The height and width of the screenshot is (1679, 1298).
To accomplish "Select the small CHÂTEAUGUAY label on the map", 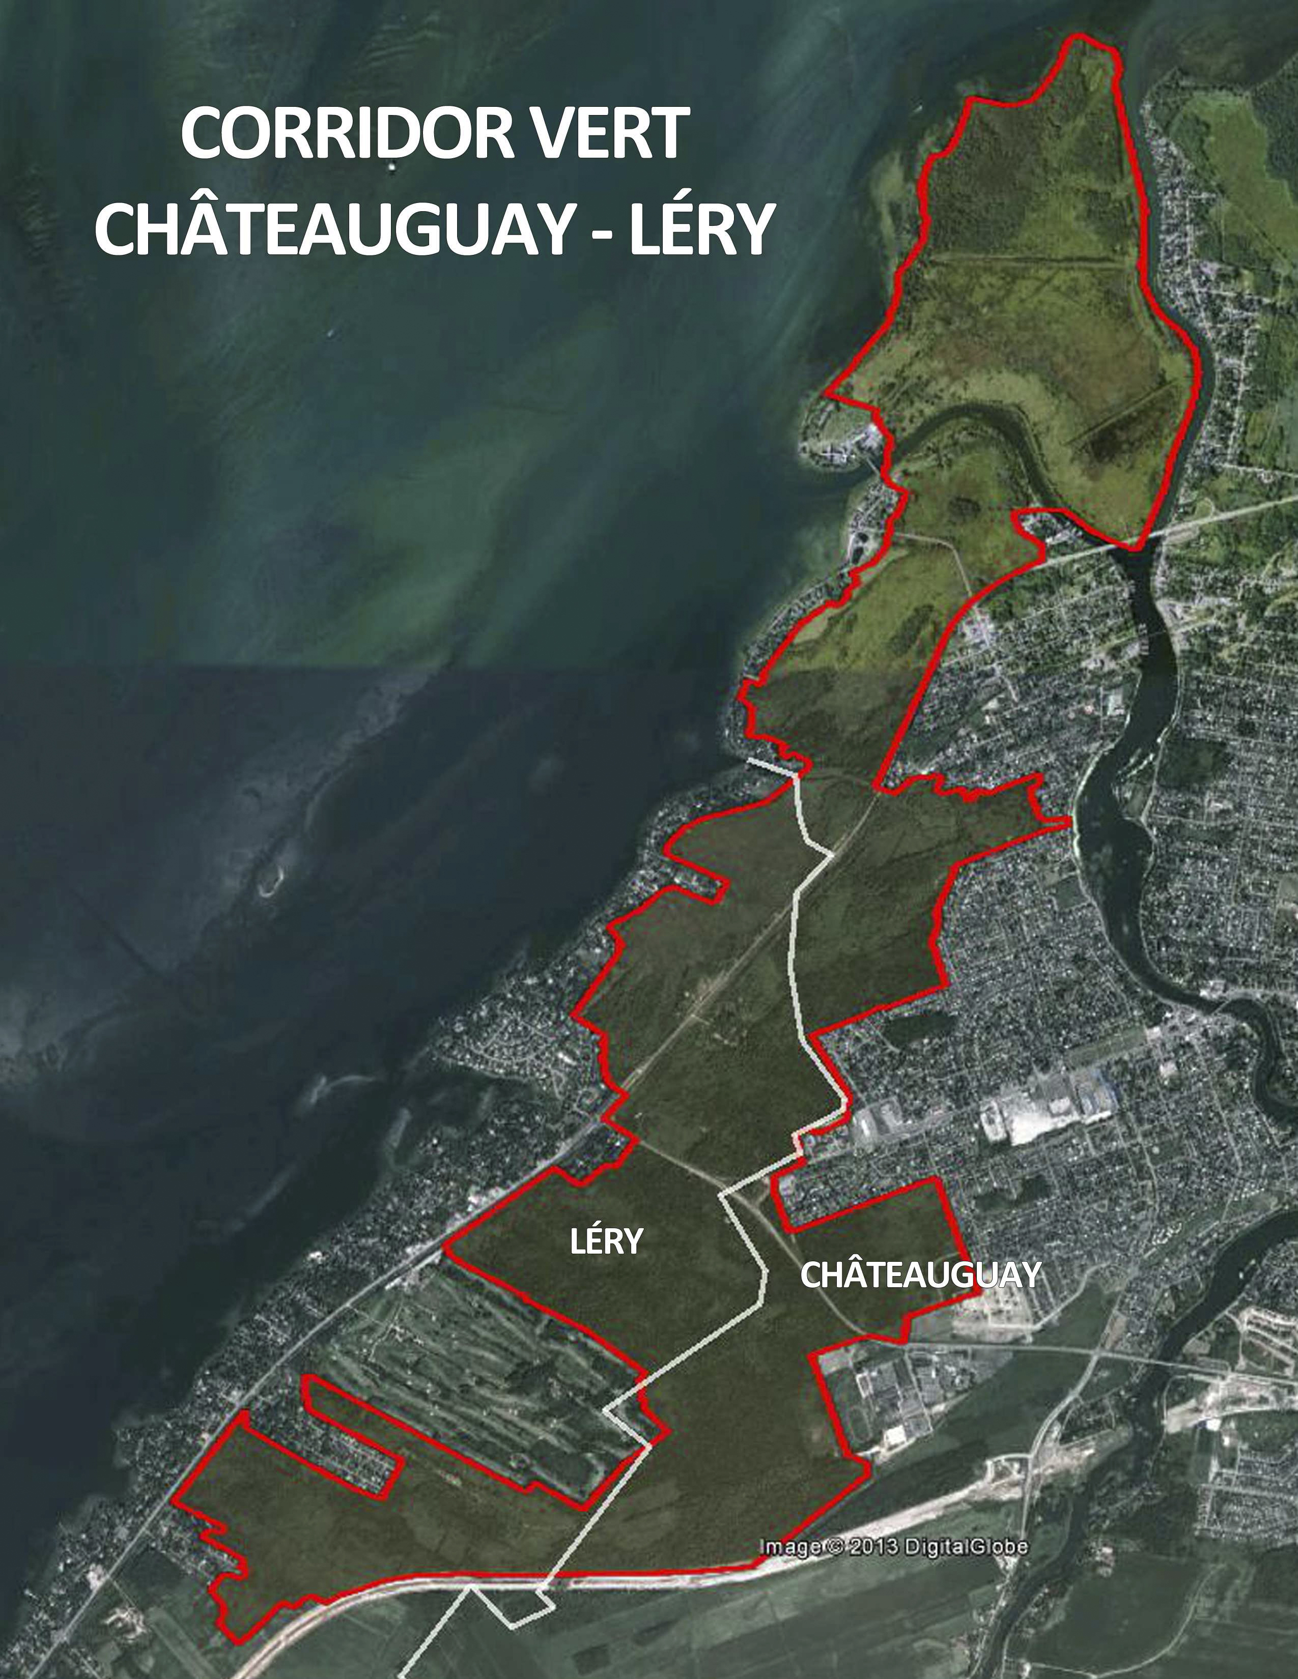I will point(920,1275).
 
